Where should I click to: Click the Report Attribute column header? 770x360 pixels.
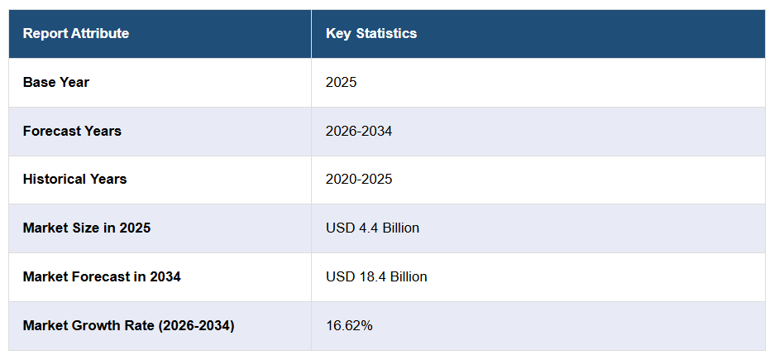tap(76, 33)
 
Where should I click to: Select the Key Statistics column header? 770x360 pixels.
tap(371, 33)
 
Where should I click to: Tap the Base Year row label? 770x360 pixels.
tap(56, 82)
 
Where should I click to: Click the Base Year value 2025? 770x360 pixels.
tap(342, 82)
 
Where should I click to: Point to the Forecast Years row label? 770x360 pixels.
tap(72, 131)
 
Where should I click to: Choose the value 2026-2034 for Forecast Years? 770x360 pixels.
tap(359, 131)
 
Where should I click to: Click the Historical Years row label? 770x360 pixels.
tap(74, 180)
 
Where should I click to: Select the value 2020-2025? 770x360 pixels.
tap(359, 180)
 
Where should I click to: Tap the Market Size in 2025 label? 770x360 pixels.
tap(87, 228)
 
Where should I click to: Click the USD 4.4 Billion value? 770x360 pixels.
tap(373, 228)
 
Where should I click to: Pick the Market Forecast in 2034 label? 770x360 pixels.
tap(102, 276)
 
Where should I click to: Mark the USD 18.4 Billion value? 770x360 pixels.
tap(376, 276)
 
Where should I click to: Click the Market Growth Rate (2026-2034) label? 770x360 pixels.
tap(129, 325)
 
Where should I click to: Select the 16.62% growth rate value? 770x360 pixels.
tap(349, 325)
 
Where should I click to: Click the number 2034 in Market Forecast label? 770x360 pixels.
tap(165, 276)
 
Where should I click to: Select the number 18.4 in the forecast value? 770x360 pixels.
tap(370, 276)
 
